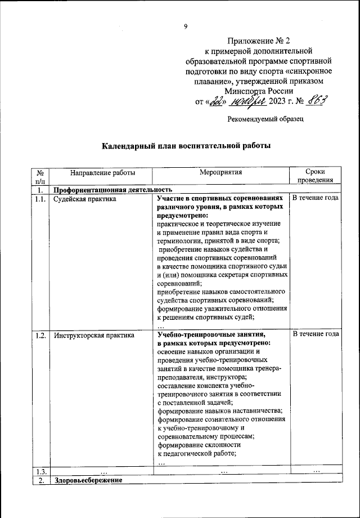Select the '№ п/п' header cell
click(x=41, y=177)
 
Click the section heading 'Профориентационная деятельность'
click(x=112, y=190)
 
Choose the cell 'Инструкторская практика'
click(x=94, y=336)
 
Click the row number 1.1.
click(x=40, y=199)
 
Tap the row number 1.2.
click(x=40, y=336)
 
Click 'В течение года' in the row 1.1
click(x=316, y=199)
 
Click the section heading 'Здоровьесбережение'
click(x=88, y=480)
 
